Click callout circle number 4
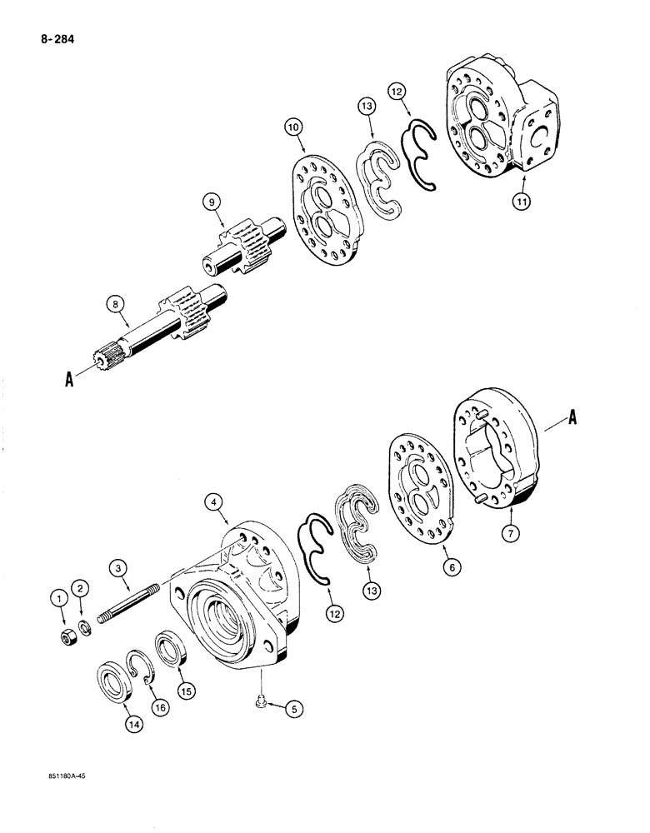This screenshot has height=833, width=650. coord(215,501)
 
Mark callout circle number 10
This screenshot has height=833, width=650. coord(293,127)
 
